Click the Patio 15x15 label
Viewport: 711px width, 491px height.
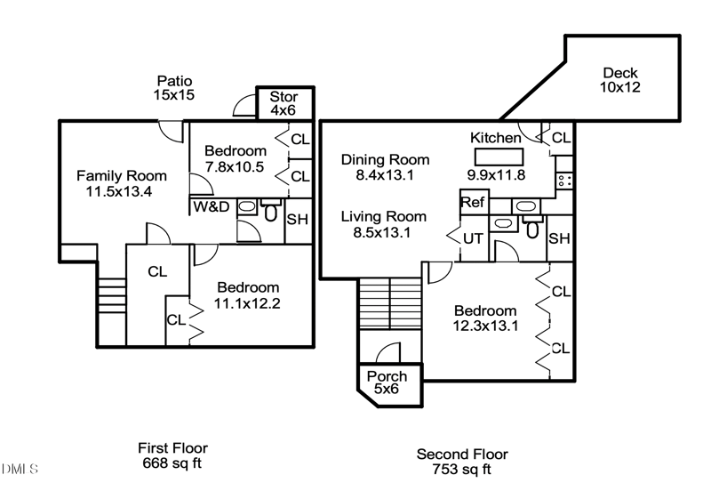coord(174,87)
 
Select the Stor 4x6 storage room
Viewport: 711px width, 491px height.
coord(284,103)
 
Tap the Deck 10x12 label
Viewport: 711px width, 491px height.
coord(619,80)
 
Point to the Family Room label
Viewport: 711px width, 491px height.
coord(120,175)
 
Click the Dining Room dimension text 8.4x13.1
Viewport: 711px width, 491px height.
coord(386,175)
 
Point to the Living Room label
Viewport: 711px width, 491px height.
coord(384,216)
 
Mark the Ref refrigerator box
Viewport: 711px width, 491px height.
coord(473,203)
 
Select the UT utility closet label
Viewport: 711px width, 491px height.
coord(473,238)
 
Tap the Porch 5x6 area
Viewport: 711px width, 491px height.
coord(387,383)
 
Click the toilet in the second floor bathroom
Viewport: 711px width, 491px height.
coord(532,229)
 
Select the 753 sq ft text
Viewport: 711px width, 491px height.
coord(461,470)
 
